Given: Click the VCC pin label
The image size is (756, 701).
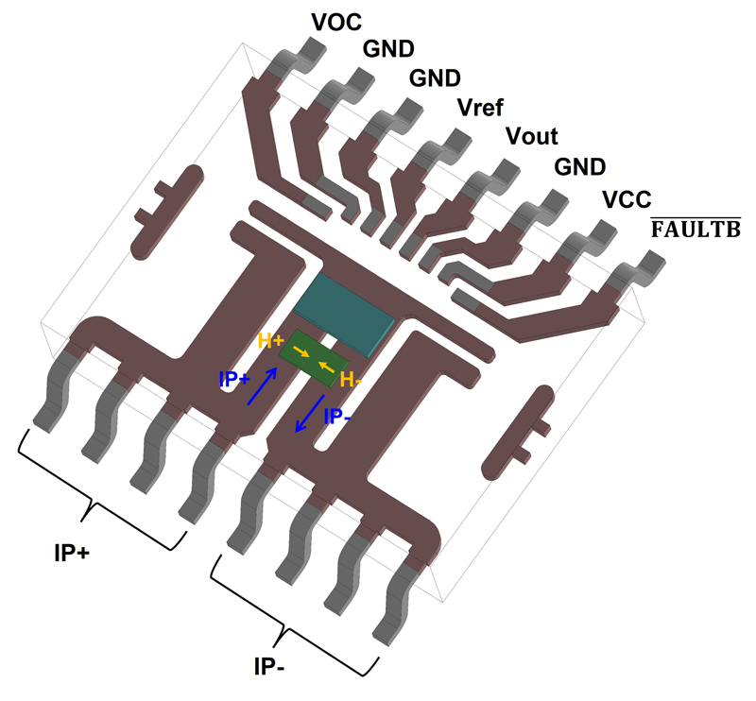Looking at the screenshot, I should (625, 199).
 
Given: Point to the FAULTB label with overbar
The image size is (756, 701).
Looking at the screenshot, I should (695, 230).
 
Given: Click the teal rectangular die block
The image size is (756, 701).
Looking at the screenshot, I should (342, 309).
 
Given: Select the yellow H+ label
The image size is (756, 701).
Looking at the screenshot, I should (272, 341).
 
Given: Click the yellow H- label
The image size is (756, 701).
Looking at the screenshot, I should (351, 381).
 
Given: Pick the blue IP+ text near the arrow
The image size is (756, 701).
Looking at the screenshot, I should (234, 380).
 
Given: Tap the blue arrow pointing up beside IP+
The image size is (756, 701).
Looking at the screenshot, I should (263, 385).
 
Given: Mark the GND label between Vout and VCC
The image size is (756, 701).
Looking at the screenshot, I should (579, 167).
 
